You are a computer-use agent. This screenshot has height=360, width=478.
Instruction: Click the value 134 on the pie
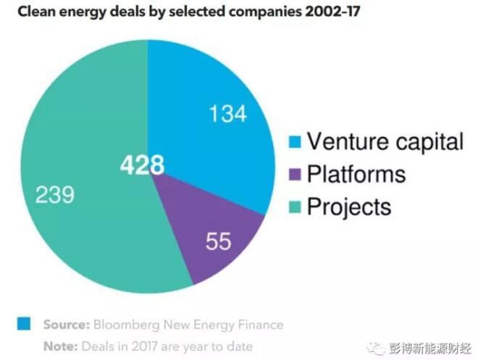[x=227, y=114]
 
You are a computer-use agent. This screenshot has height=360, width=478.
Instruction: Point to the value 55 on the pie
[x=217, y=241]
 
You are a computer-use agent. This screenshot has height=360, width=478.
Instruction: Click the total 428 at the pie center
[x=143, y=165]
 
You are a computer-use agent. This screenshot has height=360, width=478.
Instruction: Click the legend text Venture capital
[x=385, y=141]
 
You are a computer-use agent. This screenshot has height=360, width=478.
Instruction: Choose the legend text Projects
[x=349, y=207]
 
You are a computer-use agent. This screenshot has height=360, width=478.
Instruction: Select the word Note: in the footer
[x=59, y=346]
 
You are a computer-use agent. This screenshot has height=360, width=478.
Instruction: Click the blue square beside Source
[x=25, y=324]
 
